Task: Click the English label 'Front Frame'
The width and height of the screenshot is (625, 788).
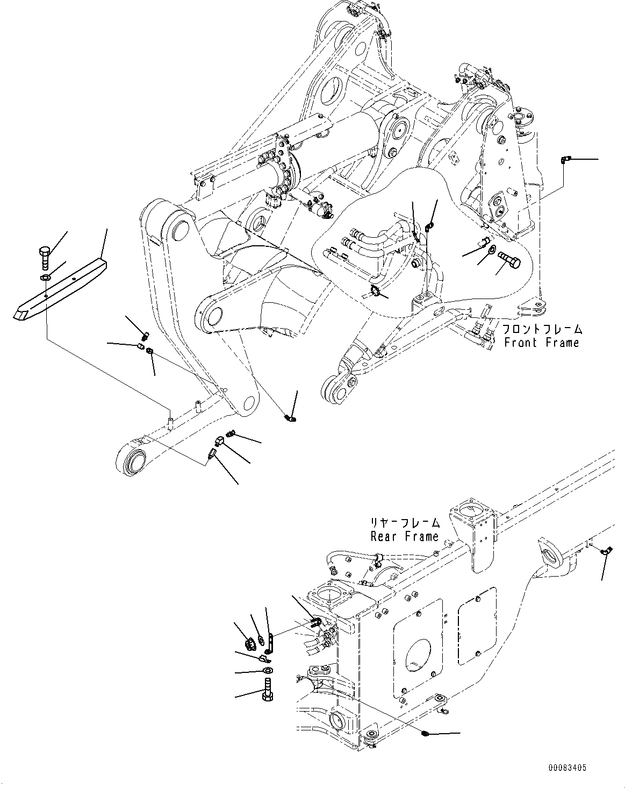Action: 541,343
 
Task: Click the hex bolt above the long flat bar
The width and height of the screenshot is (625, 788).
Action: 45,257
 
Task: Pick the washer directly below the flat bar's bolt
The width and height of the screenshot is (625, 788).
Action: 46,278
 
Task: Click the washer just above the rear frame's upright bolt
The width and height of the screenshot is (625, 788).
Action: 267,671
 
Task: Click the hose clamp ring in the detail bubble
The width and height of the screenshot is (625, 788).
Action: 377,293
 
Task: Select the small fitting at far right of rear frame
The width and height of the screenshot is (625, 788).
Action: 606,550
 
